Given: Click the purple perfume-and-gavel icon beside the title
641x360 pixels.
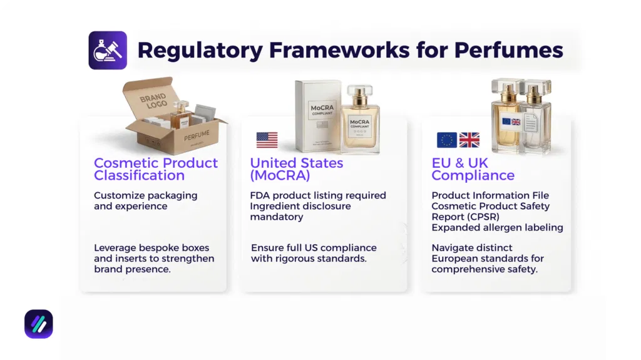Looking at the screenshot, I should [108, 50].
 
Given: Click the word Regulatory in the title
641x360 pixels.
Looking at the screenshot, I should [200, 50].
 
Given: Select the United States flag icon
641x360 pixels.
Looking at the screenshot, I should [267, 140].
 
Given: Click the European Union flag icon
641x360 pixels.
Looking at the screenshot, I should [446, 140].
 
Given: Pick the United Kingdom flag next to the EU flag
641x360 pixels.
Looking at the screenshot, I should [469, 140].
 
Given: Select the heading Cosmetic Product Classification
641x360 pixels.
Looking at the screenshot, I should [155, 168].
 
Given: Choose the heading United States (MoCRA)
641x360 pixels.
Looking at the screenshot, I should [296, 168].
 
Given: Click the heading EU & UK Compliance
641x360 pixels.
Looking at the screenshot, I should [473, 168].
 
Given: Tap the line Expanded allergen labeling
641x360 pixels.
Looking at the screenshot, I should [497, 227].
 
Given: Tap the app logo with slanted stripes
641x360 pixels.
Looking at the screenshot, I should [38, 324].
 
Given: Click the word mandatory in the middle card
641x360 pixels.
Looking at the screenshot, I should [276, 217].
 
